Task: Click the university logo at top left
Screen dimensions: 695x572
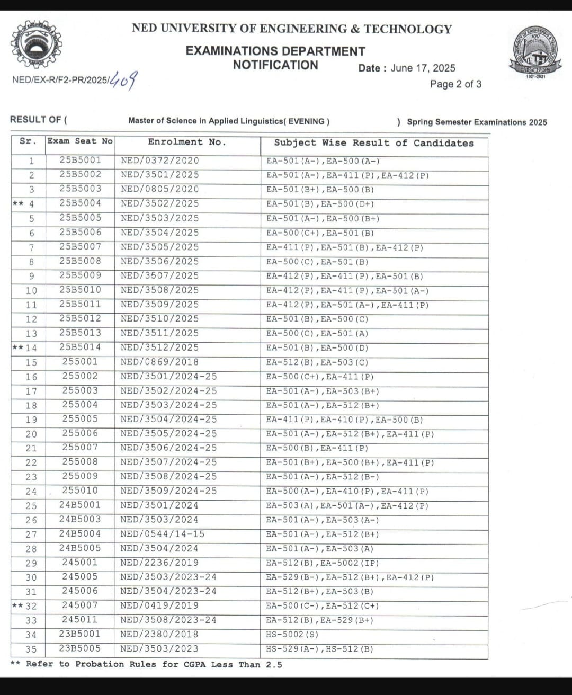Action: point(36,47)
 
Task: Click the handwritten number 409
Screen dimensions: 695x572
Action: point(123,81)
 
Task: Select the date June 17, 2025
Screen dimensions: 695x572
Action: point(423,68)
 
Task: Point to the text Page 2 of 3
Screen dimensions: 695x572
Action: point(455,84)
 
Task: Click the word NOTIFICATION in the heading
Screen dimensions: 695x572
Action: point(275,65)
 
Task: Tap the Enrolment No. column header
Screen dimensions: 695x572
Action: point(187,142)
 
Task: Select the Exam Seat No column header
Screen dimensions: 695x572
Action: point(80,141)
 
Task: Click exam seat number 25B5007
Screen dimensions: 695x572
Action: point(80,246)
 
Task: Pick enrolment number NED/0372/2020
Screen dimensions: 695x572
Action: point(160,161)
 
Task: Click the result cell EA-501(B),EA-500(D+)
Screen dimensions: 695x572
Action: point(320,204)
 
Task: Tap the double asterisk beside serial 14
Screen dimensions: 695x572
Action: point(17,348)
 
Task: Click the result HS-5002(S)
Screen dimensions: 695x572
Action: point(292,635)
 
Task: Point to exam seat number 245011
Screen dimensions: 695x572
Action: point(80,620)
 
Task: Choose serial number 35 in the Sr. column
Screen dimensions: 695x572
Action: point(31,649)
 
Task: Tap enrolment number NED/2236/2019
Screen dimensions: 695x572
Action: point(160,563)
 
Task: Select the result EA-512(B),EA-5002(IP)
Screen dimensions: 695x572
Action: point(323,563)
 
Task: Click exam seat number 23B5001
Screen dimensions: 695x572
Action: point(80,634)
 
